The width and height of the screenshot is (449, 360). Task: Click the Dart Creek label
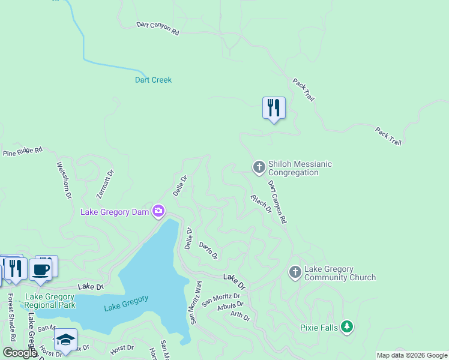(153, 80)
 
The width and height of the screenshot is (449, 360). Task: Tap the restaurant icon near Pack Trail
(274, 108)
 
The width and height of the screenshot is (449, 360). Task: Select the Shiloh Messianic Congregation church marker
(259, 167)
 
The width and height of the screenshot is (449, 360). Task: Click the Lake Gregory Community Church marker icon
(295, 272)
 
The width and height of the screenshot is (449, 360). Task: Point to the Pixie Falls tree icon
(346, 326)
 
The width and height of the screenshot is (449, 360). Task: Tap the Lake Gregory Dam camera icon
(158, 211)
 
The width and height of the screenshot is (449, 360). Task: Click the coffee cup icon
(41, 269)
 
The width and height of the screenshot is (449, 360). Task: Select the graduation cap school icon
(65, 340)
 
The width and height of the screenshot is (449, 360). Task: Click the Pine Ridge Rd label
(23, 152)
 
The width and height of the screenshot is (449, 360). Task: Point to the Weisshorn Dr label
(64, 180)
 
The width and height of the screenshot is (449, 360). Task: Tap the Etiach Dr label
(261, 203)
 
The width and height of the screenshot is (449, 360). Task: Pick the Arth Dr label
(240, 315)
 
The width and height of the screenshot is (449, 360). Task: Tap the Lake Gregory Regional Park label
(50, 301)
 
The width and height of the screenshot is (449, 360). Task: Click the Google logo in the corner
(19, 352)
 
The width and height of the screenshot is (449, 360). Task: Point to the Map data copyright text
(412, 355)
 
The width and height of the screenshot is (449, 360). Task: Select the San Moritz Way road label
(196, 302)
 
